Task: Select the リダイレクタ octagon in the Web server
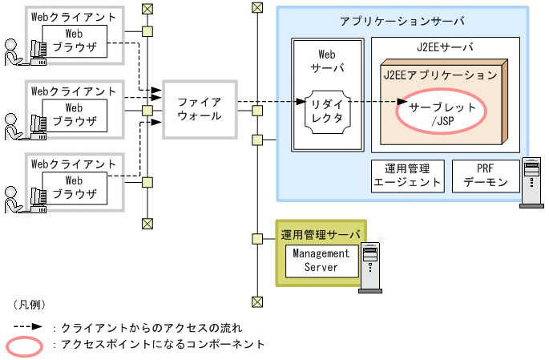click(326, 109)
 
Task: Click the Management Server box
click(321, 260)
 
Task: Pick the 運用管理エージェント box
click(408, 176)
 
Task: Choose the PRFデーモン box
click(486, 176)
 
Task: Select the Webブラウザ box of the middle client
click(74, 115)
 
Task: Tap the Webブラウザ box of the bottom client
click(74, 187)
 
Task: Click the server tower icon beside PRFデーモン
click(531, 183)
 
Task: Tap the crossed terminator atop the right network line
click(256, 8)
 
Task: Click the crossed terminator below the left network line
click(147, 223)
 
